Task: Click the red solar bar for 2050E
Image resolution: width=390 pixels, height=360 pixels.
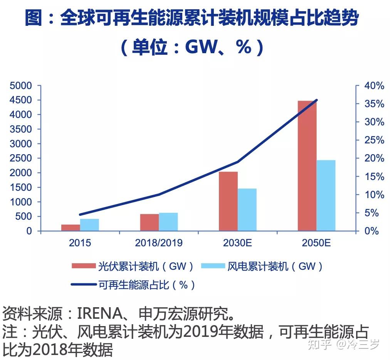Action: (x=307, y=166)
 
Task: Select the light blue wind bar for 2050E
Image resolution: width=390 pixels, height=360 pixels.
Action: (x=326, y=195)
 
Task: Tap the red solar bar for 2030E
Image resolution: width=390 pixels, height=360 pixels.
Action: (x=228, y=201)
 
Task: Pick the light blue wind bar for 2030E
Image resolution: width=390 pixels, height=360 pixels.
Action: (x=247, y=210)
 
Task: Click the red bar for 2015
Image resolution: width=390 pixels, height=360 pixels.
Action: (x=71, y=227)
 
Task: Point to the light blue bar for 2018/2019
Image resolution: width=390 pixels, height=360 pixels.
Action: (x=168, y=222)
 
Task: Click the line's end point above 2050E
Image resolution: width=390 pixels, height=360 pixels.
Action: (x=317, y=100)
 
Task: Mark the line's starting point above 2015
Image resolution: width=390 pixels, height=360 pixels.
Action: (x=80, y=215)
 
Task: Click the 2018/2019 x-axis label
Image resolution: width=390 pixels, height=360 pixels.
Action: (x=159, y=243)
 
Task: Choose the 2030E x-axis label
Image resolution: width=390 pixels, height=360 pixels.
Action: (x=237, y=243)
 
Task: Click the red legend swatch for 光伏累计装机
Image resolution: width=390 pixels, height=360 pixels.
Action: (x=83, y=266)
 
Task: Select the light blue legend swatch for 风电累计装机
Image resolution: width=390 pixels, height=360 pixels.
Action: (x=213, y=266)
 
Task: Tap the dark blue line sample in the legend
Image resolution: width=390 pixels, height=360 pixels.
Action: (x=83, y=285)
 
